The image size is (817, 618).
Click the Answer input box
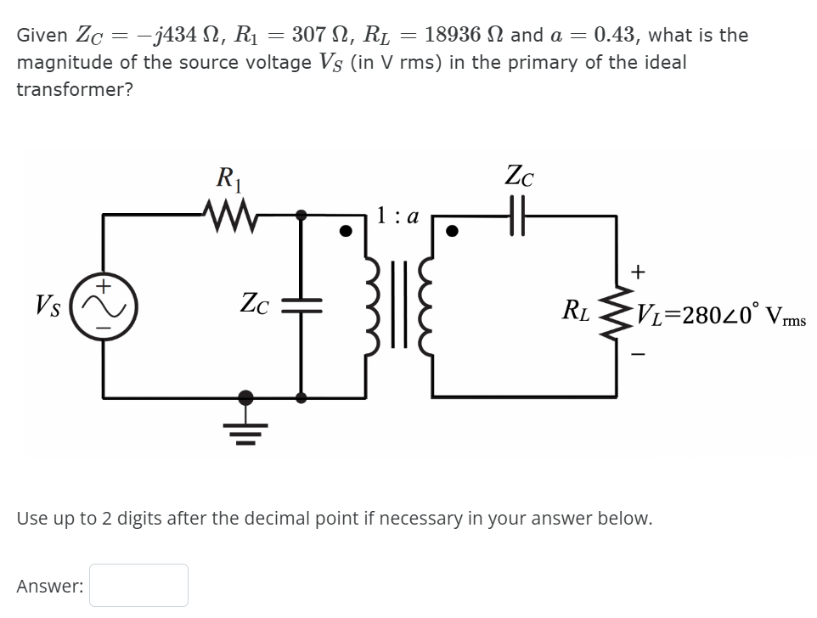[138, 585]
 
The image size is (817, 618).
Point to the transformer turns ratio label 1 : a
[398, 216]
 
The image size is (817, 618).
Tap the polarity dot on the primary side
[346, 231]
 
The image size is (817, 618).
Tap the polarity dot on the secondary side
[453, 231]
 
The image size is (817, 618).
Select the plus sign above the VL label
[639, 272]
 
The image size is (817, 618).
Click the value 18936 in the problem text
[458, 35]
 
